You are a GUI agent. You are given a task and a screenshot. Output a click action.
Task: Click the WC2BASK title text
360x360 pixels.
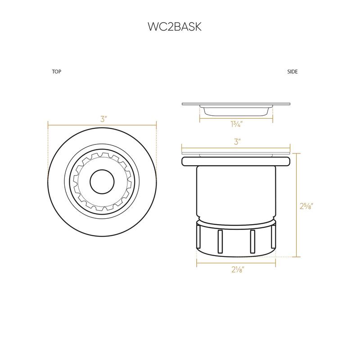point(174,27)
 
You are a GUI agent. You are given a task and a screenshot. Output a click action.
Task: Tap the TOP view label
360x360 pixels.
point(57,72)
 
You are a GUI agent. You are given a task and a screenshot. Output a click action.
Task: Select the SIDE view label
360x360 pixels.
point(292,72)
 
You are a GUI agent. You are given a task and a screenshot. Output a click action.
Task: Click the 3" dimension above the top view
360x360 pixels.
point(103,120)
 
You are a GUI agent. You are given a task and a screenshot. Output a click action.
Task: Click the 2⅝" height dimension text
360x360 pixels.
point(306,206)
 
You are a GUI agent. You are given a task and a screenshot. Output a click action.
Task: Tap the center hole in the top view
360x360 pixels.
point(102,182)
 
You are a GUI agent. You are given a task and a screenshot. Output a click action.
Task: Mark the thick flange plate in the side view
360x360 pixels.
point(236,161)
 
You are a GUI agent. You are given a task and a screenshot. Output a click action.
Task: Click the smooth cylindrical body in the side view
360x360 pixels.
point(236,189)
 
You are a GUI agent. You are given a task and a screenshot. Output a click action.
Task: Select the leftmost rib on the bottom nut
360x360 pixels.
point(198,238)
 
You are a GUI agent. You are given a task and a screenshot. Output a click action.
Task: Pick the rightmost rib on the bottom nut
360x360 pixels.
point(274,238)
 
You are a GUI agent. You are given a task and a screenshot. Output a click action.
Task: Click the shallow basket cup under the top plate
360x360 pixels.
point(236,111)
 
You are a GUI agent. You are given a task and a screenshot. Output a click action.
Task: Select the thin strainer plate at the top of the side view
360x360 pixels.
point(236,104)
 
